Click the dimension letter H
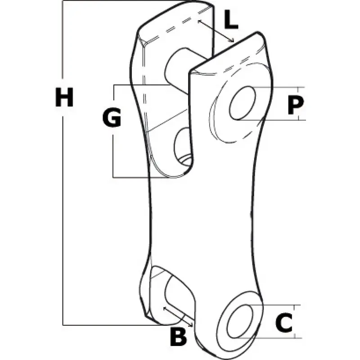coord(64,97)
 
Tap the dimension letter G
coord(112,117)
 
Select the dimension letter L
coord(231,19)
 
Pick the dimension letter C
coord(284,322)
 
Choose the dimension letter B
coord(178,336)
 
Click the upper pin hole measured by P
coord(243,103)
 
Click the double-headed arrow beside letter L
coord(216,31)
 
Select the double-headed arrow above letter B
coord(178,316)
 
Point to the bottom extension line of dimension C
coord(269,338)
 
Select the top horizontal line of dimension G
coord(142,85)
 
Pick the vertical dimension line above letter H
coord(63,39)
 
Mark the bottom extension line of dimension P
coord(272,120)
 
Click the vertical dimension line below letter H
coord(63,220)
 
